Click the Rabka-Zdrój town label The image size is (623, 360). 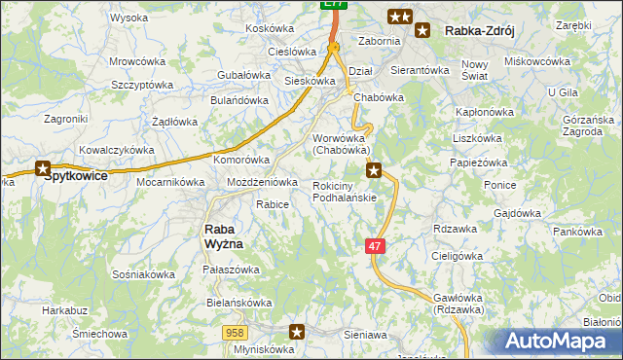coord(478,31)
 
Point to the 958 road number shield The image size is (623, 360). coord(234,333)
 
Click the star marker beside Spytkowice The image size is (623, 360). coord(43,168)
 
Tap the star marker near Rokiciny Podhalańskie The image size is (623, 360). coord(374,171)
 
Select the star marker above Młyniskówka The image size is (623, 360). coord(298,332)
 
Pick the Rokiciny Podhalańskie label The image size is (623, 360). coord(345,192)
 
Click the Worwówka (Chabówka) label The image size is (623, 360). coord(341,144)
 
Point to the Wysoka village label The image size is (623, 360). coord(128,18)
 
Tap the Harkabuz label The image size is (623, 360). coord(64,310)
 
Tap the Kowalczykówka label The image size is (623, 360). coord(117,151)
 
